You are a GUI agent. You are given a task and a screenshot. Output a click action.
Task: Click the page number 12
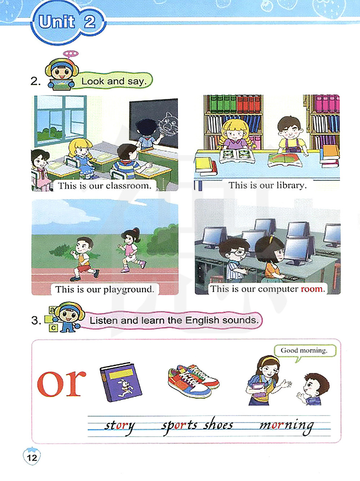coord(32,458)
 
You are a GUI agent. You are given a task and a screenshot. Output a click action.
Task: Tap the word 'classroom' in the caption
coord(129,186)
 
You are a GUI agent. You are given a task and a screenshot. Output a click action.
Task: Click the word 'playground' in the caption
coord(129,290)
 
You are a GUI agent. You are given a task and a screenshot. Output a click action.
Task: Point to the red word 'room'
coord(313,289)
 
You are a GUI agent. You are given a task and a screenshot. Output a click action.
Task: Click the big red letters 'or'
coord(62,383)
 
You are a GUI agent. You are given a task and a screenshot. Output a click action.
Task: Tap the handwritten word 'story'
coord(119,426)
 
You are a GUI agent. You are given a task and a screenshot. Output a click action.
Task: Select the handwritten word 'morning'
coord(286,426)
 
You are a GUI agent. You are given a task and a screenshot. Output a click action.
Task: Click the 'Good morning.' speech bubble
coord(304,351)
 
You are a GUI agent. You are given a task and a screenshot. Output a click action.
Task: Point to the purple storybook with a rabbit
coord(121,382)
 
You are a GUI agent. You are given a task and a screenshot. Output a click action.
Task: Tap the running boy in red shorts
coord(84,259)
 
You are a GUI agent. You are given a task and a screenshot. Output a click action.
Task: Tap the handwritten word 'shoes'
coord(218,425)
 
